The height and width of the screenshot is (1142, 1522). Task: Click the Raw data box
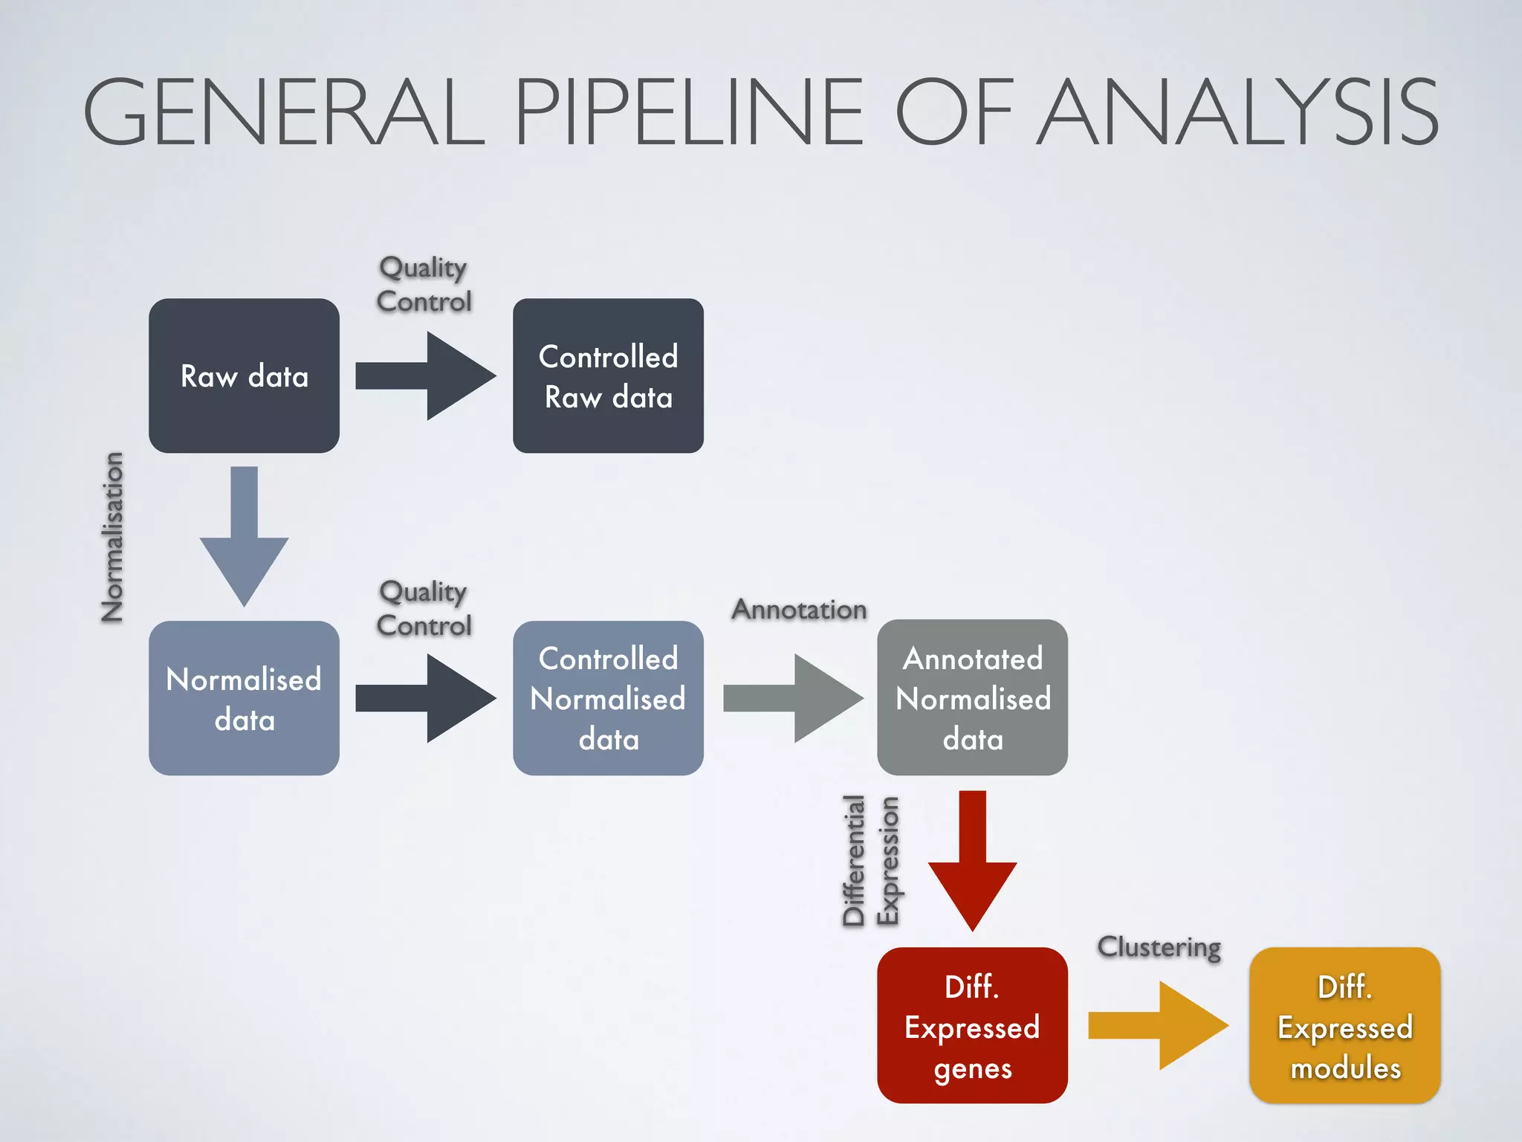pos(244,375)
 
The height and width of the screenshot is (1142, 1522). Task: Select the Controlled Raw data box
pos(608,375)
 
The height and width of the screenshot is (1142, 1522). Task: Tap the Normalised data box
pos(244,698)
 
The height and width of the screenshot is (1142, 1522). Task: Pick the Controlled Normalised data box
pos(608,698)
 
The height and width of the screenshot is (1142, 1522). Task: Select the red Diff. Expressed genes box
pos(972,1025)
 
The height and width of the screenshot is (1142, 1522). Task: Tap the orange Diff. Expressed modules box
pos(1344,1025)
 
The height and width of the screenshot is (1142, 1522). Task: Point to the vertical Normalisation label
pos(113,537)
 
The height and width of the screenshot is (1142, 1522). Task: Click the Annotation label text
pos(799,610)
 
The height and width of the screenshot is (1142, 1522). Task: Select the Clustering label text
pos(1159,947)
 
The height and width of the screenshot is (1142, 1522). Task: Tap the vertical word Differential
pos(855,860)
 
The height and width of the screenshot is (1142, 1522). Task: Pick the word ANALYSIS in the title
pos(1237,112)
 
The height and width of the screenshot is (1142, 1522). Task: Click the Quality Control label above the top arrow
pos(424,284)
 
